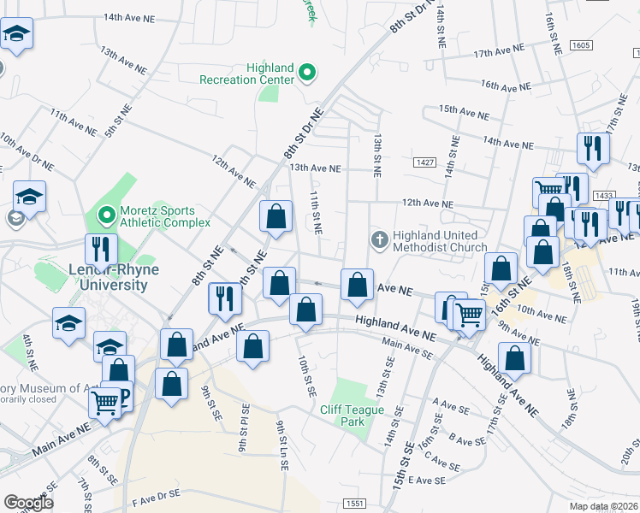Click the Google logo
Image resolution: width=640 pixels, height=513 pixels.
click(28, 502)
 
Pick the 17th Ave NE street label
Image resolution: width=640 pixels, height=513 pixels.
click(503, 53)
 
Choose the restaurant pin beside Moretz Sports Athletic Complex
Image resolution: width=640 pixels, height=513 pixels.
click(101, 249)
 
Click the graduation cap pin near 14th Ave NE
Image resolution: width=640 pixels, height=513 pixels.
click(15, 35)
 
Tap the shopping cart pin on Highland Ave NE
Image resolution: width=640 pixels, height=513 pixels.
click(468, 315)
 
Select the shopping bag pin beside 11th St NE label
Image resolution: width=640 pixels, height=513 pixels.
click(276, 216)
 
